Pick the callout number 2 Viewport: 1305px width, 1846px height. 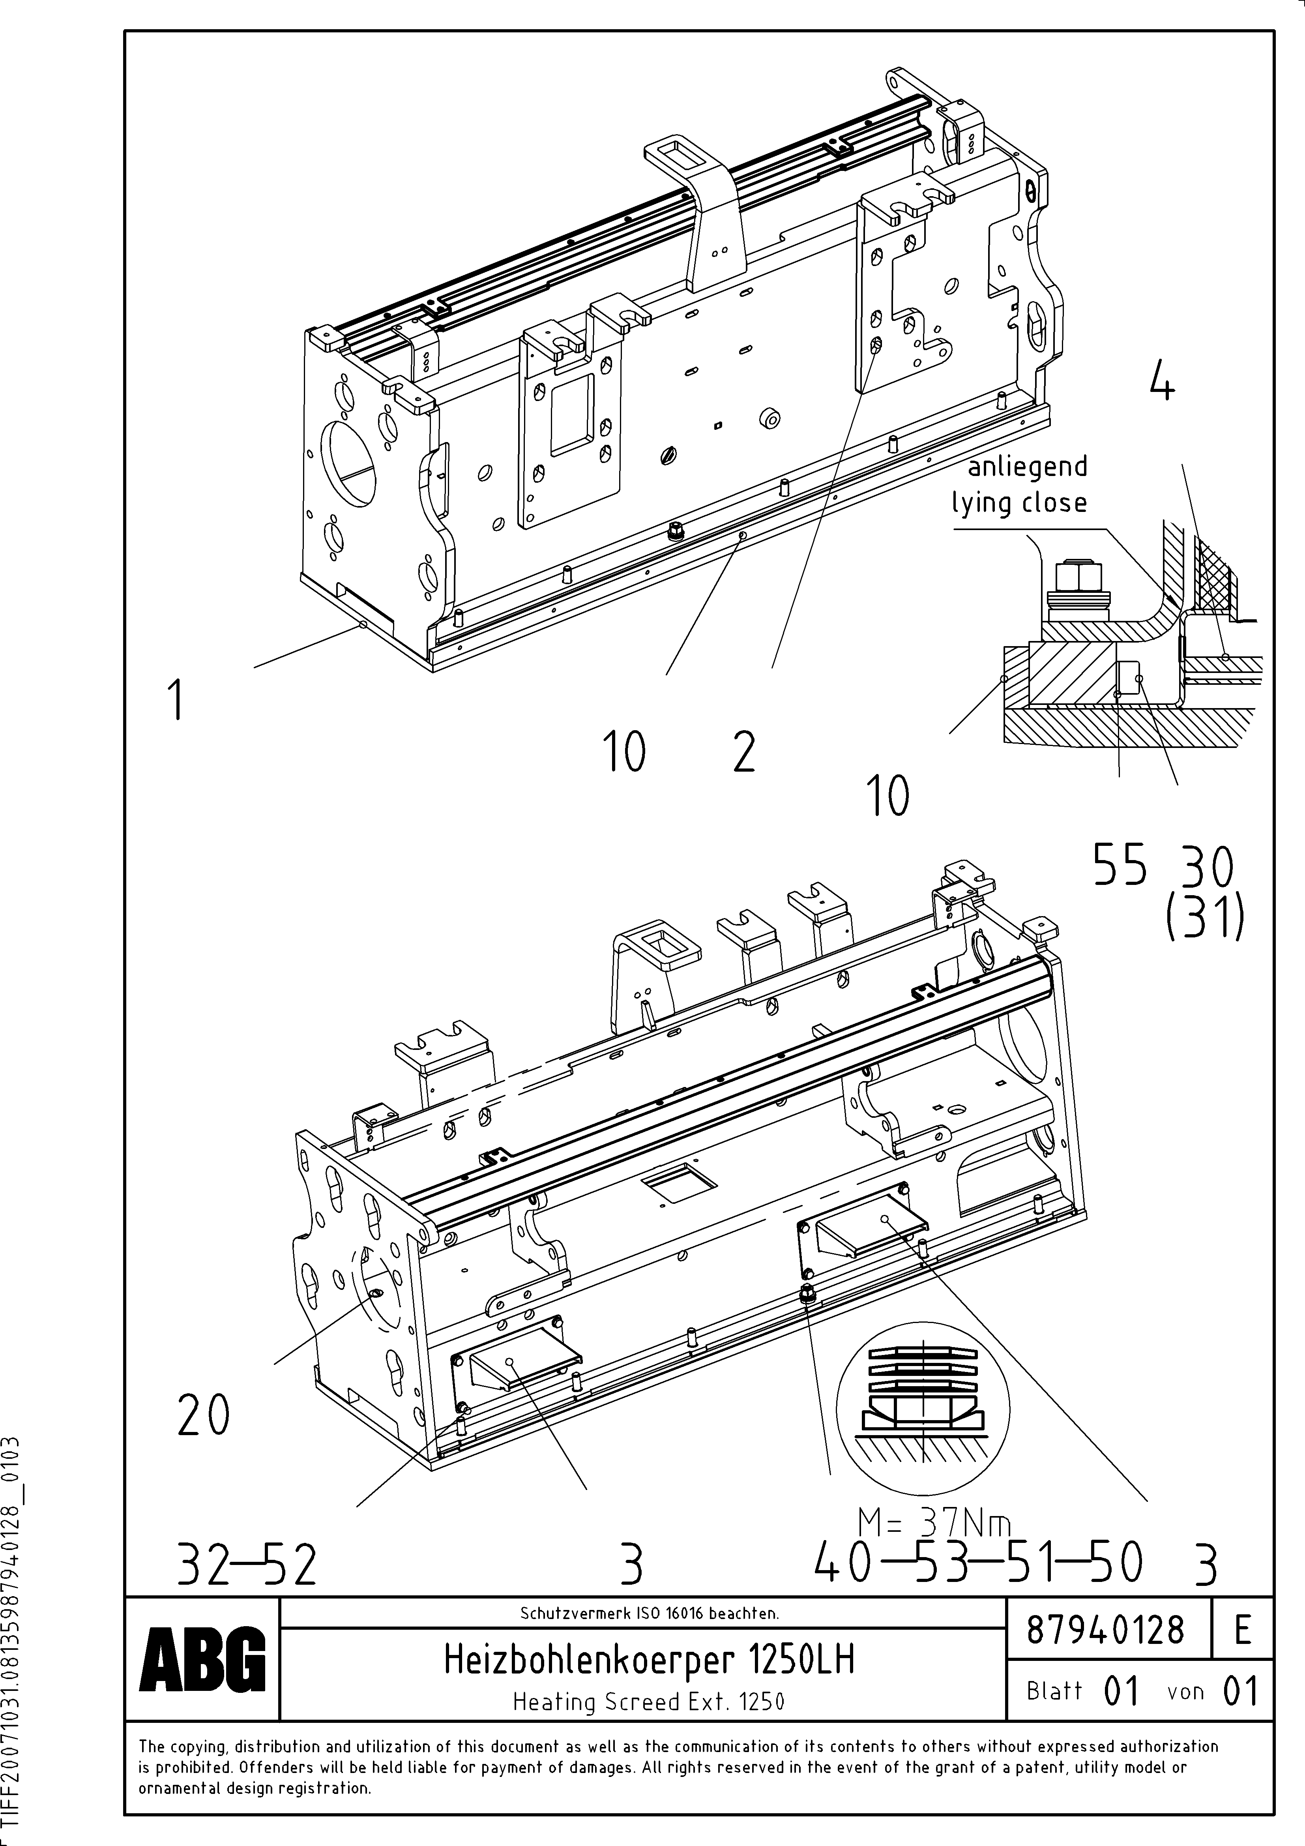[744, 753]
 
